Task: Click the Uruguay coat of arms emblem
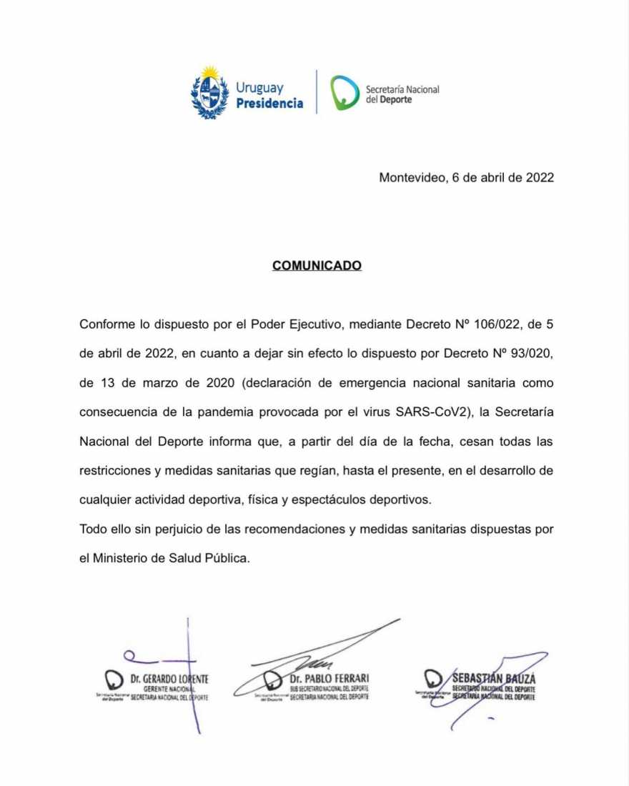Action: pyautogui.click(x=209, y=93)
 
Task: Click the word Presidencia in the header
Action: pyautogui.click(x=269, y=104)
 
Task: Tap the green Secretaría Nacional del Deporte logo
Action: pyautogui.click(x=345, y=92)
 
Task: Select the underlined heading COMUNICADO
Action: pyautogui.click(x=317, y=266)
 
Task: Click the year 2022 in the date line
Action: pyautogui.click(x=540, y=178)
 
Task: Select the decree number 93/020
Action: pyautogui.click(x=528, y=353)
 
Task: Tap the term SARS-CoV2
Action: pyautogui.click(x=439, y=412)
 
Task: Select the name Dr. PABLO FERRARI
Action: pyautogui.click(x=330, y=677)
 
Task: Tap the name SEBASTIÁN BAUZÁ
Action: pyautogui.click(x=494, y=677)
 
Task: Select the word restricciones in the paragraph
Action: pyautogui.click(x=114, y=470)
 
